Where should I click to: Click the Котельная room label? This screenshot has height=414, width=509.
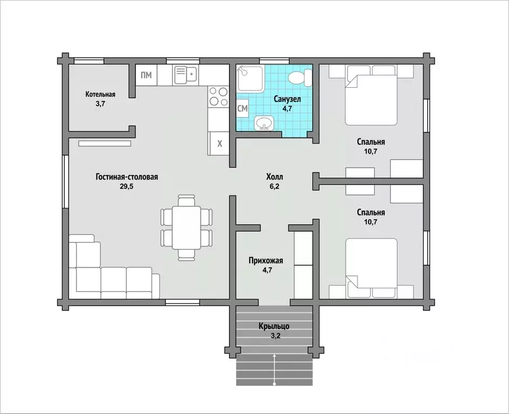click(100, 94)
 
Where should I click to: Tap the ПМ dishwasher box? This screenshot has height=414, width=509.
click(146, 75)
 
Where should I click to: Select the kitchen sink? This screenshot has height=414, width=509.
click(186, 75)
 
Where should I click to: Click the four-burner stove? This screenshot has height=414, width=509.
click(218, 97)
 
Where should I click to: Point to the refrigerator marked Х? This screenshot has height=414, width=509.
click(220, 143)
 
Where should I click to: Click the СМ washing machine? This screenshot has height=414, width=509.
click(242, 108)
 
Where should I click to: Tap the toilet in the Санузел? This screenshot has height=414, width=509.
click(300, 78)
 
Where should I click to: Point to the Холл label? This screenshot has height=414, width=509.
click(275, 177)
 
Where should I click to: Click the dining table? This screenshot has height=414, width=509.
click(186, 227)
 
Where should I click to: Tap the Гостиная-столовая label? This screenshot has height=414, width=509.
click(127, 177)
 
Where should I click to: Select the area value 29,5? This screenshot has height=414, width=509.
click(127, 187)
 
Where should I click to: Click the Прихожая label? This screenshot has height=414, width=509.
click(266, 260)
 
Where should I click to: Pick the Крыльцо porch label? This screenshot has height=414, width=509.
click(274, 326)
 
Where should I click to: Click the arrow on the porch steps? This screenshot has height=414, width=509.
click(275, 370)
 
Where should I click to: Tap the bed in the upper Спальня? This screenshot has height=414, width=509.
click(371, 95)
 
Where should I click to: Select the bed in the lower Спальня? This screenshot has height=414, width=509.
click(371, 268)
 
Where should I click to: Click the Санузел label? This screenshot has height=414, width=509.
click(287, 99)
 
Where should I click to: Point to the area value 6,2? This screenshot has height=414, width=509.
click(275, 187)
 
